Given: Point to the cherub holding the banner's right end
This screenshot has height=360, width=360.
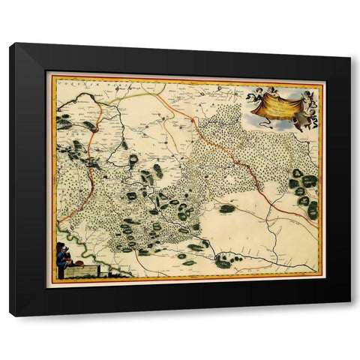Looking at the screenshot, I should point(308,97).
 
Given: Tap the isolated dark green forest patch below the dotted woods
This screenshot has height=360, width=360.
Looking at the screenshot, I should point(226,208).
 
